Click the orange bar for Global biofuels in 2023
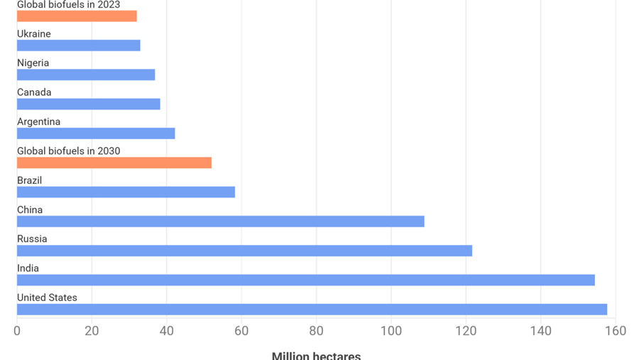click(77, 16)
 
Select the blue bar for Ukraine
click(78, 45)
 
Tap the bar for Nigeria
click(86, 75)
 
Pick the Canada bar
click(88, 104)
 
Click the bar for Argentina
click(96, 133)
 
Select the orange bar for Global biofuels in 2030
click(114, 163)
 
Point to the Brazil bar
click(126, 192)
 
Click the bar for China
click(220, 222)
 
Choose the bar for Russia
click(244, 251)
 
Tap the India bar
click(305, 280)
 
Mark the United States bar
click(312, 310)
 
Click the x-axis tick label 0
click(17, 331)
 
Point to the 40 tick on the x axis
click(167, 331)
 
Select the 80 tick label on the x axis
click(317, 331)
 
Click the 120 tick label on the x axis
click(466, 331)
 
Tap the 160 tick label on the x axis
click(616, 331)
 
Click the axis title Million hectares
click(316, 355)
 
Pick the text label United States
click(47, 298)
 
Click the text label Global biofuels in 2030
click(68, 151)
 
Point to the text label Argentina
click(38, 121)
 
